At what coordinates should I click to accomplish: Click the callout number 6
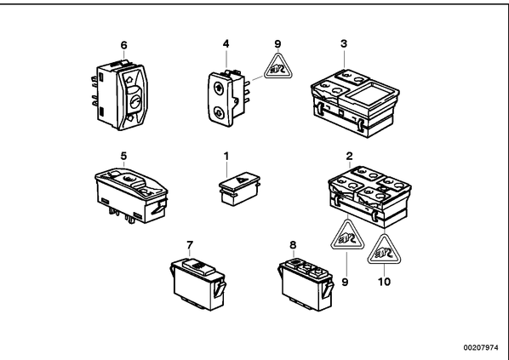coord(123,45)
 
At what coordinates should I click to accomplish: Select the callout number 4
coord(226,43)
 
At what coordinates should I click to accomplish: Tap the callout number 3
coord(344,43)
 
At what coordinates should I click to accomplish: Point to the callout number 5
coord(123,156)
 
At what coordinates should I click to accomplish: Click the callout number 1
coord(226,157)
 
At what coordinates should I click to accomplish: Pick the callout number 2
coord(349,156)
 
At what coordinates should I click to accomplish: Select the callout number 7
coord(190,245)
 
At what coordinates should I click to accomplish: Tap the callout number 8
coord(293,245)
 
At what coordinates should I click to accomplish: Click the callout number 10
coord(384,282)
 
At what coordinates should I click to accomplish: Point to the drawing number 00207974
coord(480,348)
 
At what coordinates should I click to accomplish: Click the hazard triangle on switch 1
coord(241,180)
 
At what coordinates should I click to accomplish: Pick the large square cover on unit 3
coord(370,94)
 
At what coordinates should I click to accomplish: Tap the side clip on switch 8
coord(328,289)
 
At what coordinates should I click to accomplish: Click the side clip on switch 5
coord(158,209)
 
